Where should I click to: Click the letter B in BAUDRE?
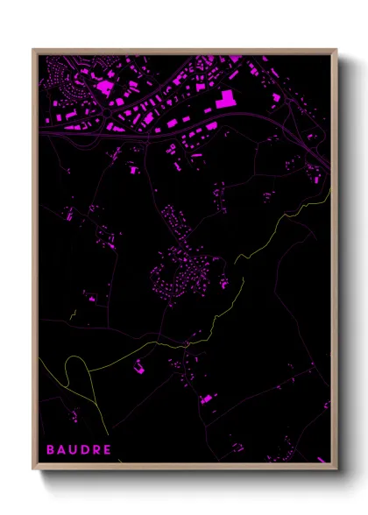[50, 450]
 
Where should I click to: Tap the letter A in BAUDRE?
[61, 450]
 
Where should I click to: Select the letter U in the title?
[74, 450]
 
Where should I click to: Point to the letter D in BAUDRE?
[85, 450]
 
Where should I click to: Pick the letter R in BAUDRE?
[96, 450]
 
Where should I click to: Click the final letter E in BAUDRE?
[107, 450]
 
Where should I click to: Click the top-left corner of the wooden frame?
[34, 50]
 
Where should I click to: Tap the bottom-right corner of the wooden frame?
[336, 468]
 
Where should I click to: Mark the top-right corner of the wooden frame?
[336, 50]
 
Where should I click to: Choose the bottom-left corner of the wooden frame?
[34, 468]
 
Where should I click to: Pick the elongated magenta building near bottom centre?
[207, 399]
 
